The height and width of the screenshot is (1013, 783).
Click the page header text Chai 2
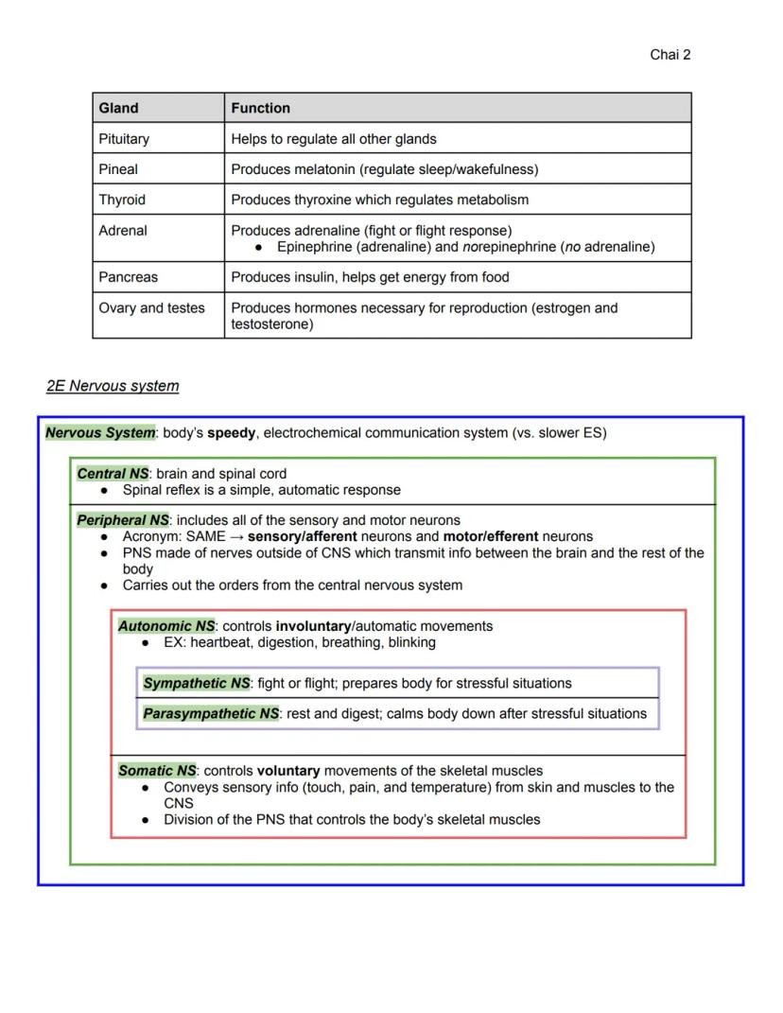tap(670, 55)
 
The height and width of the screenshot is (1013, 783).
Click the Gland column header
tap(118, 108)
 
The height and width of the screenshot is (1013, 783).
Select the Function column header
tap(260, 108)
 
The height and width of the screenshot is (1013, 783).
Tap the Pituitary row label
tap(124, 139)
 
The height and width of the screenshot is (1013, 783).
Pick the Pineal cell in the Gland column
tap(118, 169)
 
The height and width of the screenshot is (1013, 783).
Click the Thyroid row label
tap(122, 200)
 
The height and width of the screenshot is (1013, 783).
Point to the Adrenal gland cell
tap(123, 231)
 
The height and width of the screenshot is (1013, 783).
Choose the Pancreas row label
tap(128, 277)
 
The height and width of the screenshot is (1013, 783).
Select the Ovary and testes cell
tap(151, 308)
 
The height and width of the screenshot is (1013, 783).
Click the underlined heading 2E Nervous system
tap(113, 386)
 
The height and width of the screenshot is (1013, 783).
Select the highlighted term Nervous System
tap(100, 433)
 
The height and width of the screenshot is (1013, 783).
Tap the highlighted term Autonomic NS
tap(166, 626)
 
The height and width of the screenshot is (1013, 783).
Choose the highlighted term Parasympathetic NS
tap(211, 714)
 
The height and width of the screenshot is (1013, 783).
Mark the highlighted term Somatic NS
tap(157, 771)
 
